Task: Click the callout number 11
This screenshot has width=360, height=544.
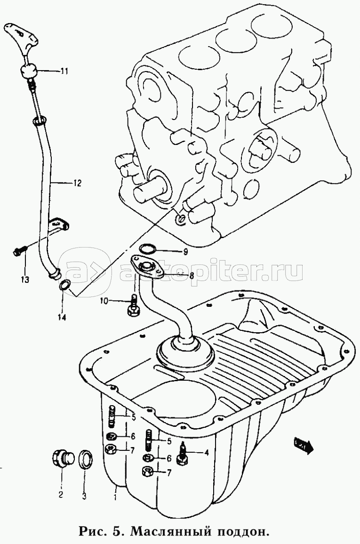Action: click(x=64, y=72)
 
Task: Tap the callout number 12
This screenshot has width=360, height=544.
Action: click(x=76, y=183)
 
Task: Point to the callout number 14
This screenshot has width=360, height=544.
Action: click(x=62, y=317)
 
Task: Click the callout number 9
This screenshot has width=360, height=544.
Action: click(x=185, y=252)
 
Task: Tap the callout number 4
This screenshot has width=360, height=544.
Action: click(x=206, y=453)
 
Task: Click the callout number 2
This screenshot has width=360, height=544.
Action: click(x=61, y=494)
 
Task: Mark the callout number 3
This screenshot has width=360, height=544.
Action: click(x=84, y=495)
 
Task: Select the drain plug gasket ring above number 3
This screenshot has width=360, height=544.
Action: click(x=85, y=459)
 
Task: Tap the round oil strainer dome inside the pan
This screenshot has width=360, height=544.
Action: click(x=185, y=352)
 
